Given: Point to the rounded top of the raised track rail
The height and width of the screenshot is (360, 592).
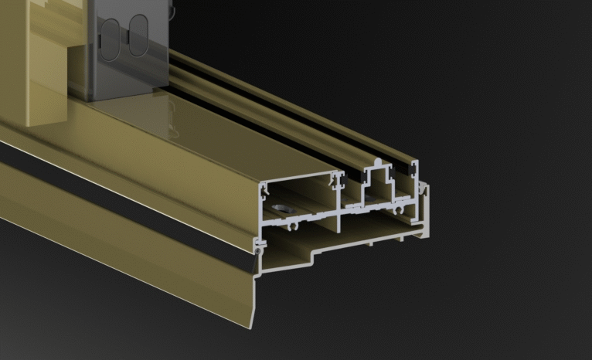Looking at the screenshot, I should point(376,162).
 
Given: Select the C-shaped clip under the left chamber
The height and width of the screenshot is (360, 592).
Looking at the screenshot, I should point(294,227).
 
